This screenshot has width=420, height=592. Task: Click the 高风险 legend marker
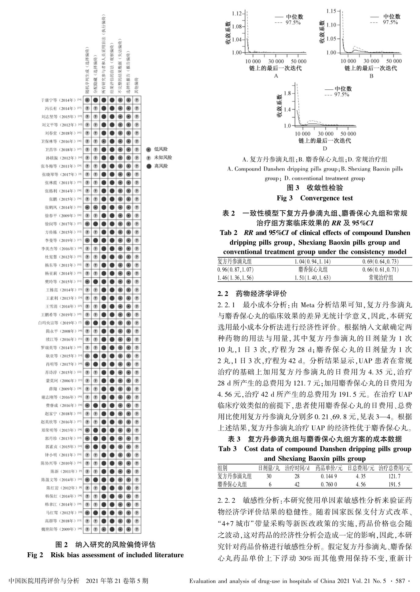pos(149,166)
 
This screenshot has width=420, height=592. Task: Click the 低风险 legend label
pos(161,149)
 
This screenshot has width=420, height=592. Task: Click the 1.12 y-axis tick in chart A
pos(237,13)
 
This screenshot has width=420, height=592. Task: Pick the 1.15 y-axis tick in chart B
pos(331,11)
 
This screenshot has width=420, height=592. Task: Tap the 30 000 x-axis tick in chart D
pos(325,134)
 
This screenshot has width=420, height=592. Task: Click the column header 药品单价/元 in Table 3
pos(329,468)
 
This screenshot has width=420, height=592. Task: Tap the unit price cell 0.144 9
pos(329,476)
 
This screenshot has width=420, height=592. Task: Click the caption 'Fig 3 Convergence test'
pos(315,198)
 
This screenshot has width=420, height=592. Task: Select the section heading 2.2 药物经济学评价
pos(252,294)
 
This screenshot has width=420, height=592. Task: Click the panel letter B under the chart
pos(371,76)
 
